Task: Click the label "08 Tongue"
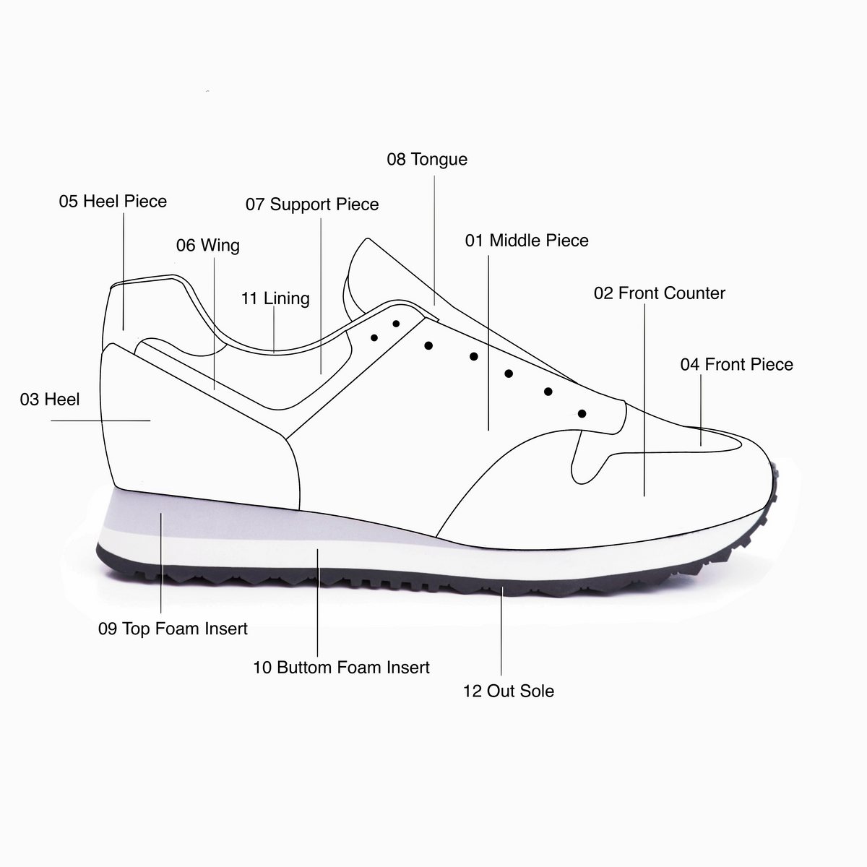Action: pyautogui.click(x=427, y=160)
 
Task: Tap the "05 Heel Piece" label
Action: pyautogui.click(x=113, y=201)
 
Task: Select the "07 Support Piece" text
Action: pyautogui.click(x=312, y=204)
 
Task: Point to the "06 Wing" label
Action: pyautogui.click(x=208, y=246)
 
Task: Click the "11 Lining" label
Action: pyautogui.click(x=275, y=298)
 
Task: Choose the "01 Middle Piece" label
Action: pyautogui.click(x=527, y=241)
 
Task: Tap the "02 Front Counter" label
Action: pyautogui.click(x=660, y=293)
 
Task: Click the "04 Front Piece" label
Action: pyautogui.click(x=736, y=364)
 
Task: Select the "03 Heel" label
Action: pyautogui.click(x=50, y=400)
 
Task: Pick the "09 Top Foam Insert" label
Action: pyautogui.click(x=173, y=629)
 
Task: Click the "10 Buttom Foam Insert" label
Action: pyautogui.click(x=342, y=668)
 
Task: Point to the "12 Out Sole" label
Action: pyautogui.click(x=509, y=691)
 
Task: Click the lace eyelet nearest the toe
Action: pyautogui.click(x=582, y=413)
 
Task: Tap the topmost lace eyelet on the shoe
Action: pyautogui.click(x=396, y=324)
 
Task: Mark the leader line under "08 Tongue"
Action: pyautogui.click(x=434, y=241)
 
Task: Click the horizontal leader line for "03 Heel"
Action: pyautogui.click(x=100, y=420)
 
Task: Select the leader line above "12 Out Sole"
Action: pyautogui.click(x=501, y=631)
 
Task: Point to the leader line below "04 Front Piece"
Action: pyautogui.click(x=701, y=410)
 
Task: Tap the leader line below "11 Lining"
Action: pyautogui.click(x=274, y=329)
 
